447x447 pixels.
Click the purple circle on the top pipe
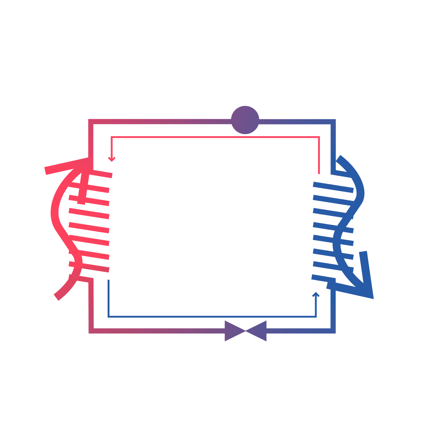click(x=245, y=120)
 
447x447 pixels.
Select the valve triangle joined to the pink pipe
click(x=232, y=331)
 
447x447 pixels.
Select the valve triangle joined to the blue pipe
click(x=259, y=331)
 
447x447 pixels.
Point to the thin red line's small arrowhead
click(x=112, y=159)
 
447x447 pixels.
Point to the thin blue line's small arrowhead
click(x=316, y=294)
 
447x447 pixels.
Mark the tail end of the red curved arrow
click(x=58, y=296)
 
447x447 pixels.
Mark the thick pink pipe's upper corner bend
click(x=91, y=122)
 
